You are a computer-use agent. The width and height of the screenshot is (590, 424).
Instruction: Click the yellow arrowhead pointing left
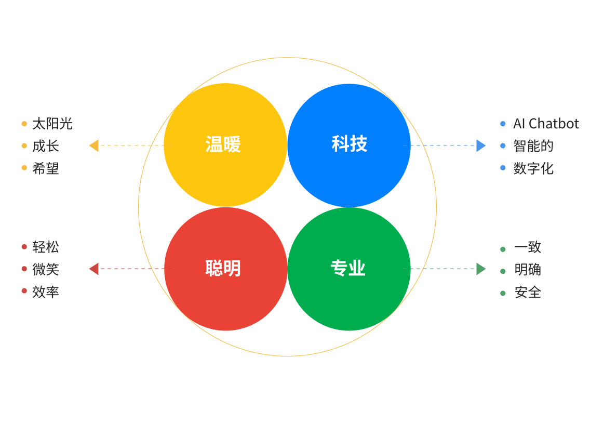[94, 145]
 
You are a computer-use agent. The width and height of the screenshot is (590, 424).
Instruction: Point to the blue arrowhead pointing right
[481, 145]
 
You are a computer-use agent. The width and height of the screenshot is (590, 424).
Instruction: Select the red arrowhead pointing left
[94, 269]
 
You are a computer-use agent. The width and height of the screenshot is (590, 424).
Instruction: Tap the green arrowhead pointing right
[481, 269]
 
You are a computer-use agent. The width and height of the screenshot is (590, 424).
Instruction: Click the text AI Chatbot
[546, 124]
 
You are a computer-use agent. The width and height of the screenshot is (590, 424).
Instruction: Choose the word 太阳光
[52, 124]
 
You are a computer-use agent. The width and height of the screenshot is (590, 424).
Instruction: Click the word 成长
[46, 146]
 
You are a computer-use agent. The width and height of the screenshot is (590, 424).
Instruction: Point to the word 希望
[46, 168]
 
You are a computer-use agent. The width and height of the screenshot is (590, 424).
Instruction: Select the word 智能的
[533, 146]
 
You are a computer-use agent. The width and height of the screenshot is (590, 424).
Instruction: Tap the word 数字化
[533, 168]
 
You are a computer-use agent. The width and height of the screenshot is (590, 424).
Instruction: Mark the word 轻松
[46, 247]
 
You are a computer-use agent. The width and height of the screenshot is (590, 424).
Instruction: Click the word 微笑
[46, 269]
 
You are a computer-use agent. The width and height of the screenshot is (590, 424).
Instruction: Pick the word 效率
[46, 291]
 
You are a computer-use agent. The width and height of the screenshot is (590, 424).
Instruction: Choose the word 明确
[527, 270]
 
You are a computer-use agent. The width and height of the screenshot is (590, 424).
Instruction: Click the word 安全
[527, 292]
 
